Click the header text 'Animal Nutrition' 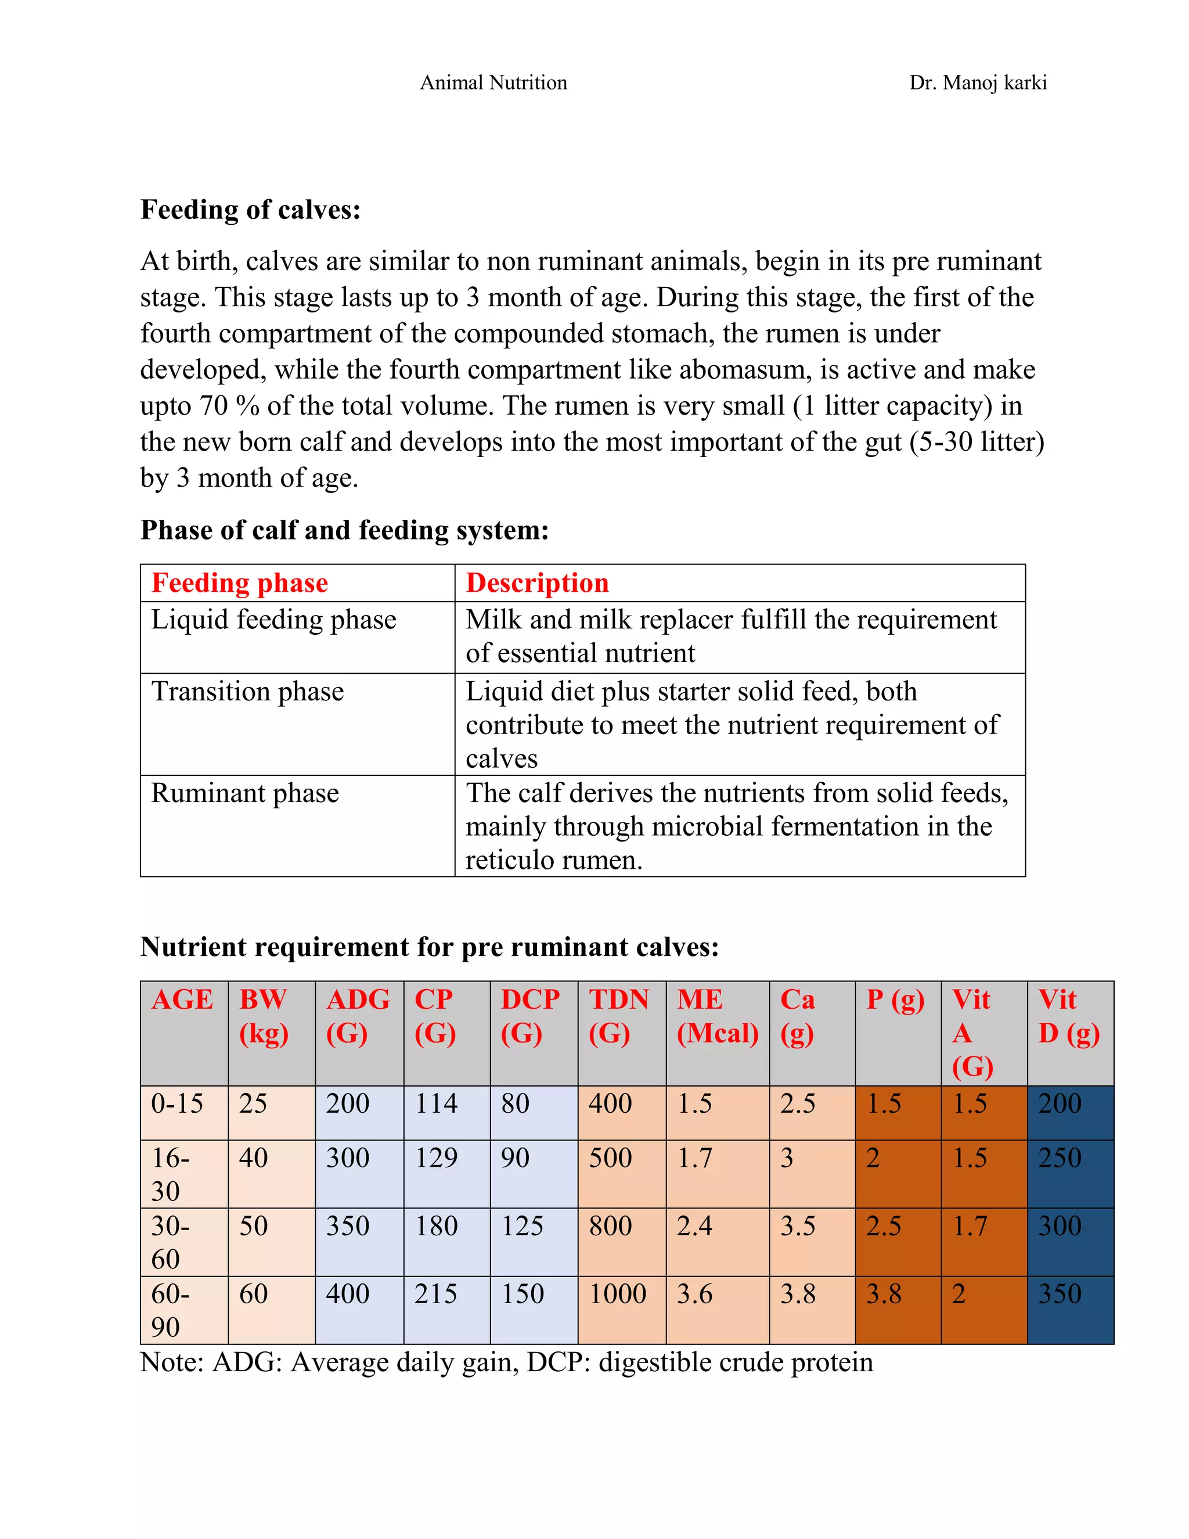coord(493,82)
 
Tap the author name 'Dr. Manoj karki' coord(978,82)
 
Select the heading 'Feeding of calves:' coord(251,210)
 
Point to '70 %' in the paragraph coord(229,406)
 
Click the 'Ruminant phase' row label coord(244,793)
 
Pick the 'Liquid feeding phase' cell coord(273,620)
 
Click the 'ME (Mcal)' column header coord(717,1016)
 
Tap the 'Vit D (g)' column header coord(1068,1016)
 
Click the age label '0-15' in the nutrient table coord(177,1103)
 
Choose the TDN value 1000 coord(617,1294)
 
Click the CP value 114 coord(435,1103)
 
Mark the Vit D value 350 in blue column coord(1060,1294)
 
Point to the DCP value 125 coord(522,1226)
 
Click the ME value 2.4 coord(694,1226)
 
